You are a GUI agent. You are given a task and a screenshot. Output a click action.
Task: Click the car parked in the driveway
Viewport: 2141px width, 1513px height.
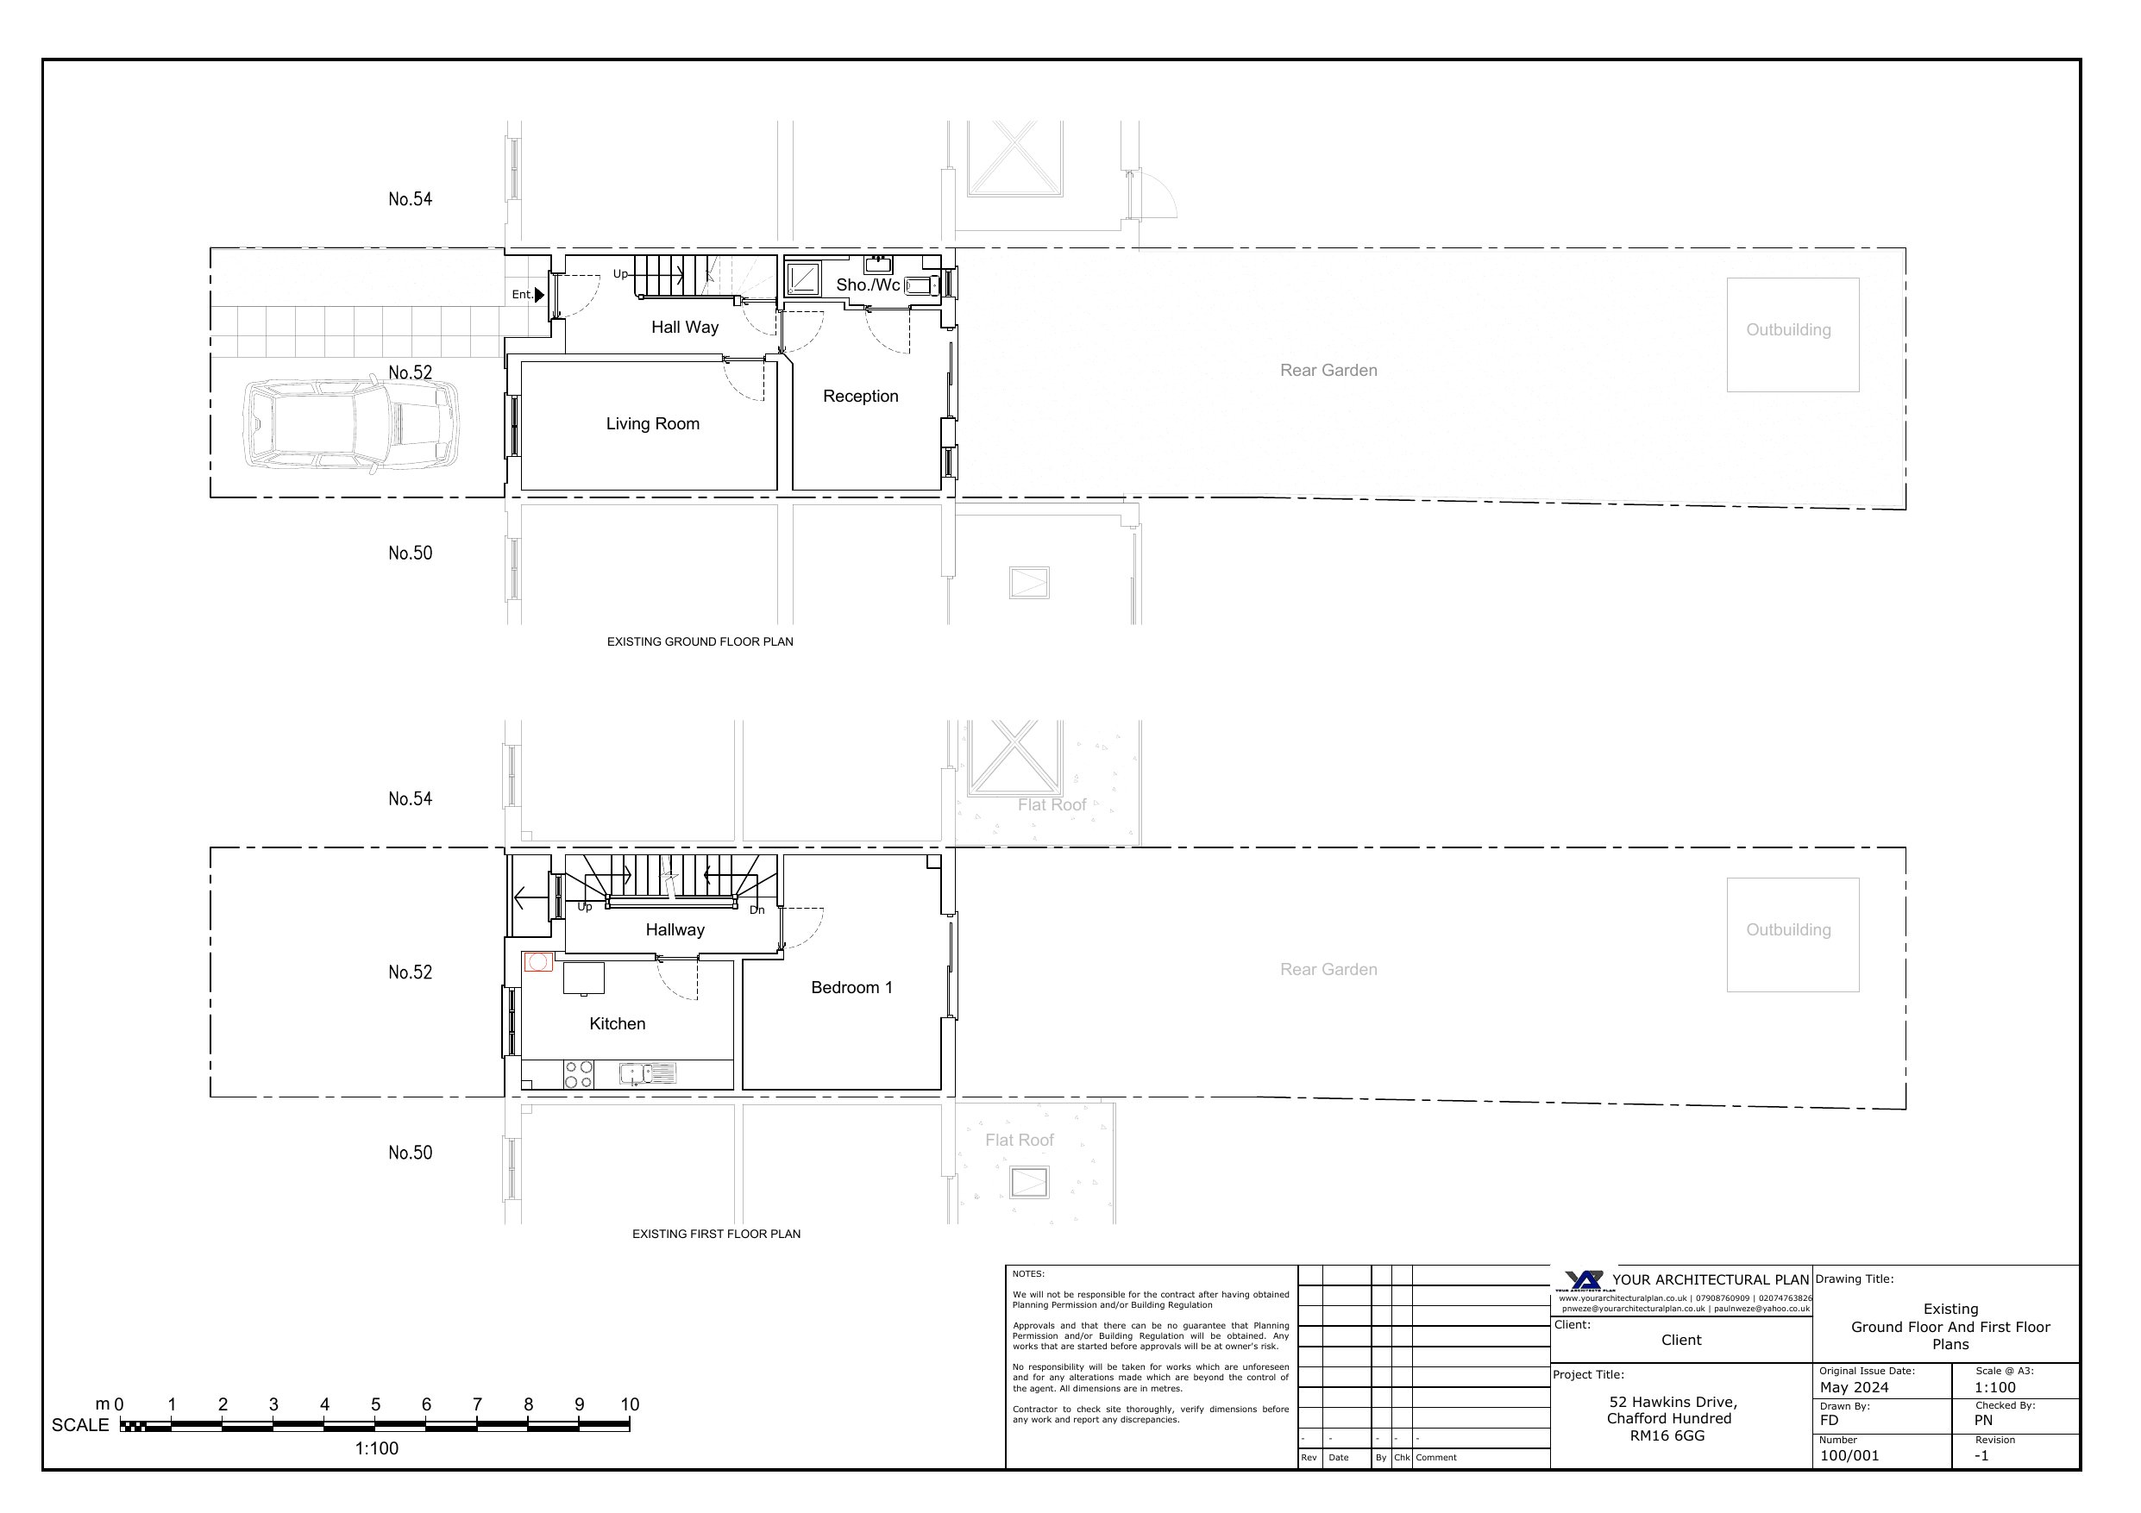click(x=350, y=425)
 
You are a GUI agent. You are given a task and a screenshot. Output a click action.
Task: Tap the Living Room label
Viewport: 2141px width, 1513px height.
click(x=653, y=424)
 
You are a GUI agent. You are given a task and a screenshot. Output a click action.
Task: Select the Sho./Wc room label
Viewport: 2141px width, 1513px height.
click(x=867, y=284)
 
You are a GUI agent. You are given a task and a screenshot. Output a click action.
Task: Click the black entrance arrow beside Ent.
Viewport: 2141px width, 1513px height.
click(x=539, y=295)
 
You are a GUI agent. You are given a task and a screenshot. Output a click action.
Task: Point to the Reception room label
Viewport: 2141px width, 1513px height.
click(x=861, y=397)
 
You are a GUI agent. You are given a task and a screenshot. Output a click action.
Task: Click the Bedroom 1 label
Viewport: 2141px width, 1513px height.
click(x=851, y=987)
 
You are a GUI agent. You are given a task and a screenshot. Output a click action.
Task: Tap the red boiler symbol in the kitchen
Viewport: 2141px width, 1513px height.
click(x=538, y=961)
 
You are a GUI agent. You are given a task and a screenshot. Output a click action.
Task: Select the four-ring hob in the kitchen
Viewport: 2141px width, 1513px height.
click(x=578, y=1074)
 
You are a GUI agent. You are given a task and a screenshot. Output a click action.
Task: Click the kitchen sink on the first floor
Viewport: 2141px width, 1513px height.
click(x=648, y=1074)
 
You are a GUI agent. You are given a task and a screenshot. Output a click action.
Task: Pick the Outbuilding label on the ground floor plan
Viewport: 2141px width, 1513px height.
click(x=1788, y=330)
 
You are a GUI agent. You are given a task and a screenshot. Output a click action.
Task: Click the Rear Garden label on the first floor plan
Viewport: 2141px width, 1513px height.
click(x=1328, y=970)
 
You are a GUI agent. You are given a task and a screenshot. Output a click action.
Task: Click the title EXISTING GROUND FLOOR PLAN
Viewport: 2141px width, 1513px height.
click(x=700, y=641)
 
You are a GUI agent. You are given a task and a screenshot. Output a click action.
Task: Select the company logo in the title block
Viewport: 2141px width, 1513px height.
click(x=1585, y=1281)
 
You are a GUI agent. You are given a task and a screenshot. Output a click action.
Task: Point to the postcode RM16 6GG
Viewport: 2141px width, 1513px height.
click(x=1667, y=1435)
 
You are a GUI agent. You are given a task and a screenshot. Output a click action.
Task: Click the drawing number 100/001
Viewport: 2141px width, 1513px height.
click(x=1849, y=1455)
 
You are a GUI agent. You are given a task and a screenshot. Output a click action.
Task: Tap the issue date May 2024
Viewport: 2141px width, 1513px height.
click(x=1854, y=1387)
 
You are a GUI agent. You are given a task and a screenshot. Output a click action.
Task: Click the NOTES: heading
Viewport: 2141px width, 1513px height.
click(x=1028, y=1273)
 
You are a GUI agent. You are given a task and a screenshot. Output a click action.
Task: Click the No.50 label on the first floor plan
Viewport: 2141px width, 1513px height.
click(x=411, y=1153)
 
